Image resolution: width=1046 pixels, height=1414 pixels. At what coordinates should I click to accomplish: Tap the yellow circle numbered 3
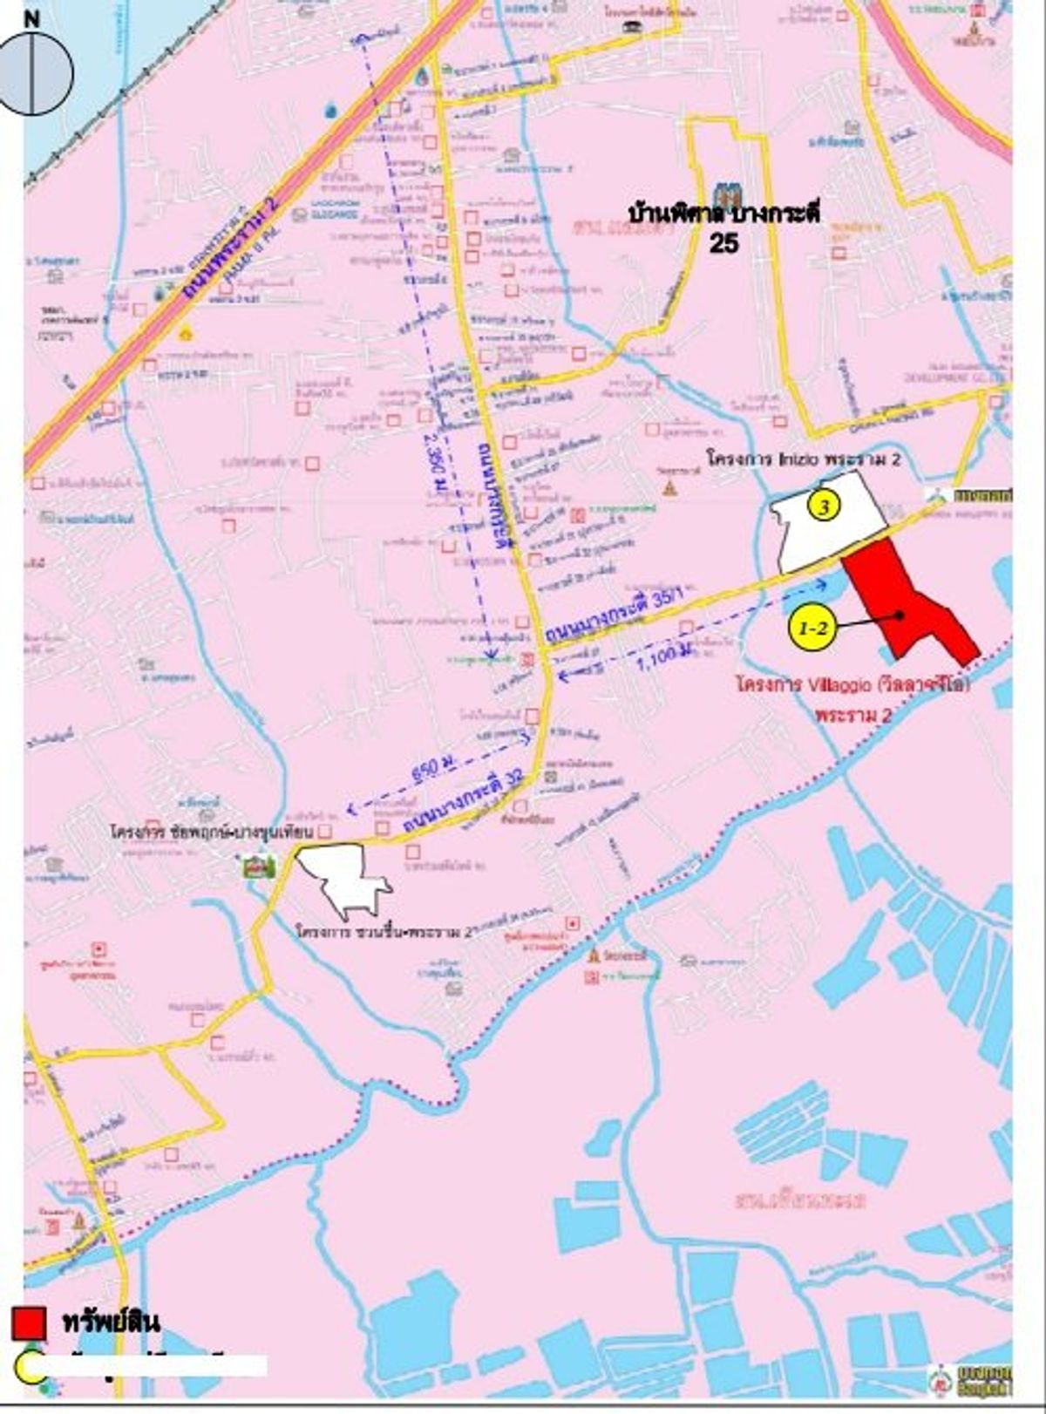pos(822,505)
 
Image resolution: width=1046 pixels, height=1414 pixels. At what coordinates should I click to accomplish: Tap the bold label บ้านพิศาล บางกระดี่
pos(724,214)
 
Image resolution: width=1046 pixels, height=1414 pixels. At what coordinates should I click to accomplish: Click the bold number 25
pos(723,243)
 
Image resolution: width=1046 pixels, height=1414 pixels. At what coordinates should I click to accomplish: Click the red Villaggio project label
pos(850,687)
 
